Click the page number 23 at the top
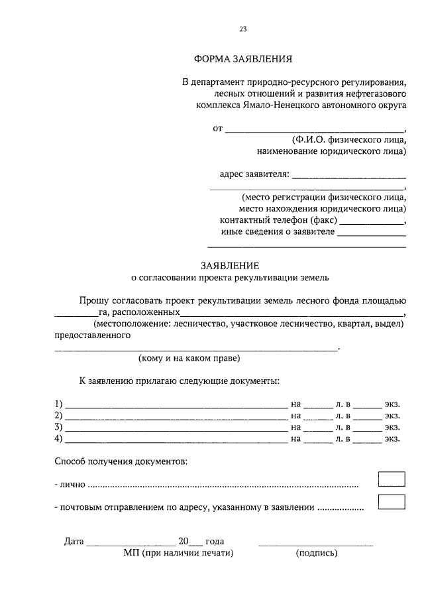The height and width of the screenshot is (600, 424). click(x=243, y=29)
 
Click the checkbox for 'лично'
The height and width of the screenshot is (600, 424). click(x=391, y=479)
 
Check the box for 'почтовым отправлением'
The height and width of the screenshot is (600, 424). click(x=391, y=502)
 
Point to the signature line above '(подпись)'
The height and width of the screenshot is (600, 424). click(x=315, y=544)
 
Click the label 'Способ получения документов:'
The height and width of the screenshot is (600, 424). click(x=121, y=461)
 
